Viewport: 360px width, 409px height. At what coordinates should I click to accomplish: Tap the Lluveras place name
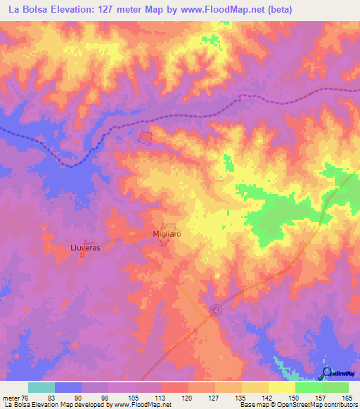pyautogui.click(x=86, y=248)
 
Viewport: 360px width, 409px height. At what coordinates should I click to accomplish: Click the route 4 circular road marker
pyautogui.click(x=216, y=309)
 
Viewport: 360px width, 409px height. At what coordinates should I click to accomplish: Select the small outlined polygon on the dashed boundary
pyautogui.click(x=146, y=138)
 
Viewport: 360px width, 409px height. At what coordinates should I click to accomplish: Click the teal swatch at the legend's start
pyautogui.click(x=41, y=388)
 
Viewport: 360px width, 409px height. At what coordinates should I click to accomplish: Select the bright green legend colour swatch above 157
pyautogui.click(x=308, y=388)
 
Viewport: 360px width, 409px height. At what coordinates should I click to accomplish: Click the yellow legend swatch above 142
pyautogui.click(x=255, y=388)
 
